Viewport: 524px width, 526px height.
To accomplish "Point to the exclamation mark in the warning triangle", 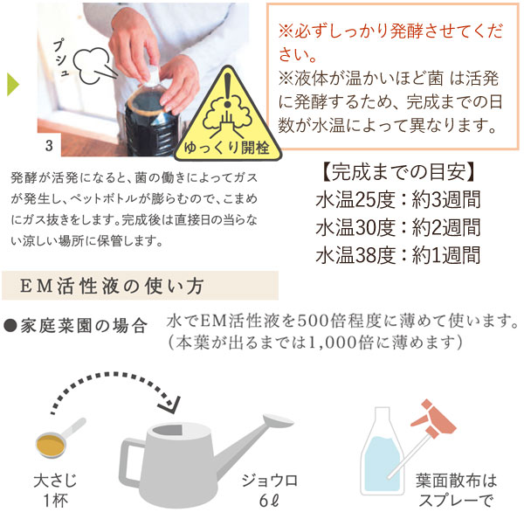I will click(231, 91).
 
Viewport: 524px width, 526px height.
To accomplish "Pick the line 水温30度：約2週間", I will click(398, 227).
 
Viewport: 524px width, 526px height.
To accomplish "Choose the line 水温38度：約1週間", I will click(398, 255).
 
